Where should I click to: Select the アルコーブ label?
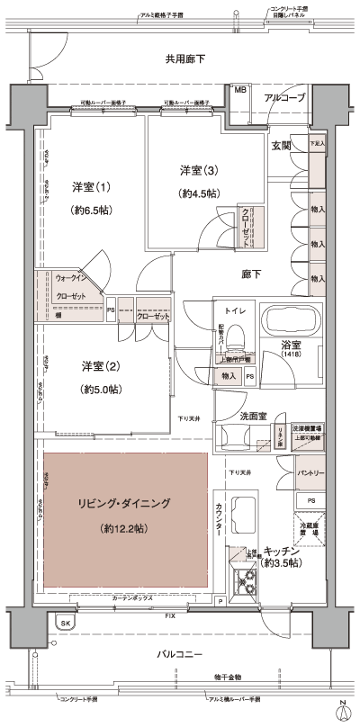point(284,97)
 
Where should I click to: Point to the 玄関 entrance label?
point(281,145)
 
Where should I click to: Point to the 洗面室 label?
point(253,417)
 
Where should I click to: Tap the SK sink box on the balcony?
point(65,623)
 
